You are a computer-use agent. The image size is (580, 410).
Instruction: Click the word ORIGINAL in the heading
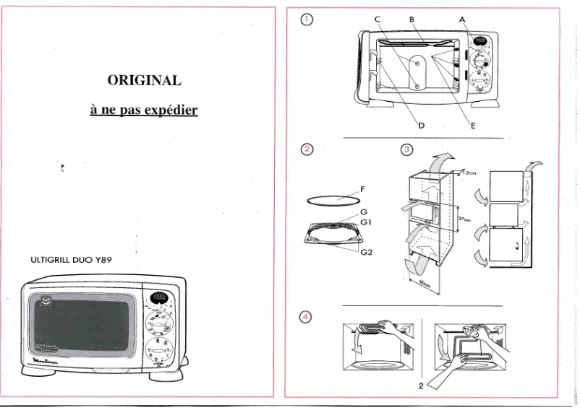(144, 80)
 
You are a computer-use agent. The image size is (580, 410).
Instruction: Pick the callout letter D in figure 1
(422, 125)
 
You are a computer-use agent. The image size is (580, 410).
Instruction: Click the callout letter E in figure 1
(472, 125)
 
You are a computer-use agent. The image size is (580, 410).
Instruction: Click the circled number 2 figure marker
(307, 149)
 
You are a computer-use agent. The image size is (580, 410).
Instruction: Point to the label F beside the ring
(362, 189)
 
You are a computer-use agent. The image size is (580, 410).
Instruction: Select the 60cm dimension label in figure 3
(426, 284)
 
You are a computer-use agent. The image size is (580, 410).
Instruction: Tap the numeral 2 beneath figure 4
(421, 385)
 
